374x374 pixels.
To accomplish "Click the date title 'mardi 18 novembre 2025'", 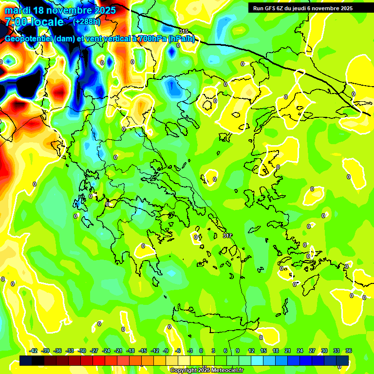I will coord(60,10).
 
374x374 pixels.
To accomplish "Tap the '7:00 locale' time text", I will coord(34,22).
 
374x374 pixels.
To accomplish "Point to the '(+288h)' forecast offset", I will coord(87,22).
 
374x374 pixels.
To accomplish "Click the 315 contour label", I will coord(183,31).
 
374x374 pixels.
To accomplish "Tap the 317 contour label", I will coord(227,236).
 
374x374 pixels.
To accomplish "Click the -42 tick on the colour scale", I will coord(34,351).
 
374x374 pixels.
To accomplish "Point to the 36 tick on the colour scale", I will coord(349,351).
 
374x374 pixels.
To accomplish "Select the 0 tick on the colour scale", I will coord(201,351).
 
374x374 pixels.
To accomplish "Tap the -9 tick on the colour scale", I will coord(166,351).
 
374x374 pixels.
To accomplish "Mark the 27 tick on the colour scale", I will coord(312,351).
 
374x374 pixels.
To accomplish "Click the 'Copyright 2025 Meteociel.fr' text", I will coord(206,370).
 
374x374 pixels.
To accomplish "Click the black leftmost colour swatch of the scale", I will coord(26,360).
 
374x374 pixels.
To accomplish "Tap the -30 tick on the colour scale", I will coord(82,351).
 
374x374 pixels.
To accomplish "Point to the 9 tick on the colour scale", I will coord(238,351).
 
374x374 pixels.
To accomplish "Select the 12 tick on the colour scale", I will coord(251,351).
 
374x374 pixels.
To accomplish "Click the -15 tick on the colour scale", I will coord(143,351).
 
